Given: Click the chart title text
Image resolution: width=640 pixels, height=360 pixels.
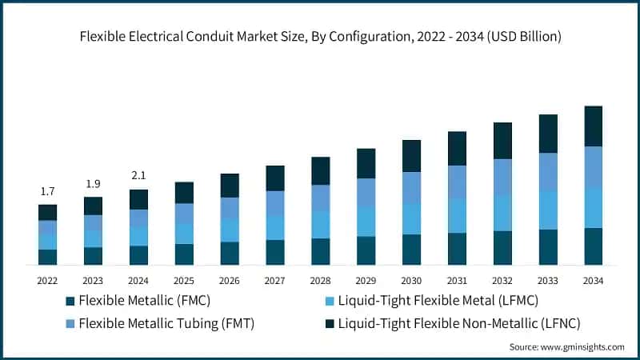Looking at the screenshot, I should point(320,37).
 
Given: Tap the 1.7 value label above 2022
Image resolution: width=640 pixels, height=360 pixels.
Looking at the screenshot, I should point(47,191).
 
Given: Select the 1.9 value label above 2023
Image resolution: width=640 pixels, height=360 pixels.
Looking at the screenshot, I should point(93,184).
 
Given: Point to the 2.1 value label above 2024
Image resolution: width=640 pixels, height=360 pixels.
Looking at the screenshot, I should point(138,176).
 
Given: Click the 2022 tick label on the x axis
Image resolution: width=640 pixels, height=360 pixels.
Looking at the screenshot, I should point(47,281).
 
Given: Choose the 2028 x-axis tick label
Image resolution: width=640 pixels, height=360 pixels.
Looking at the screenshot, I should point(320,281).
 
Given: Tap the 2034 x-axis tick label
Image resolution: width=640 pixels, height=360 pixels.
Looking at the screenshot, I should point(593,281).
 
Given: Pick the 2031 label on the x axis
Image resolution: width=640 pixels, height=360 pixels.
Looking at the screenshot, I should point(457,281).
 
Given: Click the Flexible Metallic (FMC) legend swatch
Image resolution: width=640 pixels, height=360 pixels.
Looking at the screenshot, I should point(70,302).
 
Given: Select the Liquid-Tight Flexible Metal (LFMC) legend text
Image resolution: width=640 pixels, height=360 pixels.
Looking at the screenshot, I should point(438,301).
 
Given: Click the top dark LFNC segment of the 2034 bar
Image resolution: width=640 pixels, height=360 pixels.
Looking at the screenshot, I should point(593,126).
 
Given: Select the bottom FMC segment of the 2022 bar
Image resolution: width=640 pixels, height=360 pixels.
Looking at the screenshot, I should point(47,257).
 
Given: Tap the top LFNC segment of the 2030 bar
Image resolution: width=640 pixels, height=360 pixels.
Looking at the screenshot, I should point(411,156).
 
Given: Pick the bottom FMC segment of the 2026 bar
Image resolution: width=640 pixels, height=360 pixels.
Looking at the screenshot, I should point(230,253).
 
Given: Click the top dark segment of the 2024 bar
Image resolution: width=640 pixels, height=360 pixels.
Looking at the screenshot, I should point(138,199).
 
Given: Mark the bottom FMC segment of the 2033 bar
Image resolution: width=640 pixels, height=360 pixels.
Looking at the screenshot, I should point(548,247).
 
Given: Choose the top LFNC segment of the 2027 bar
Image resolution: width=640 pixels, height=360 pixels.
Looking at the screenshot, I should point(275,178).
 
